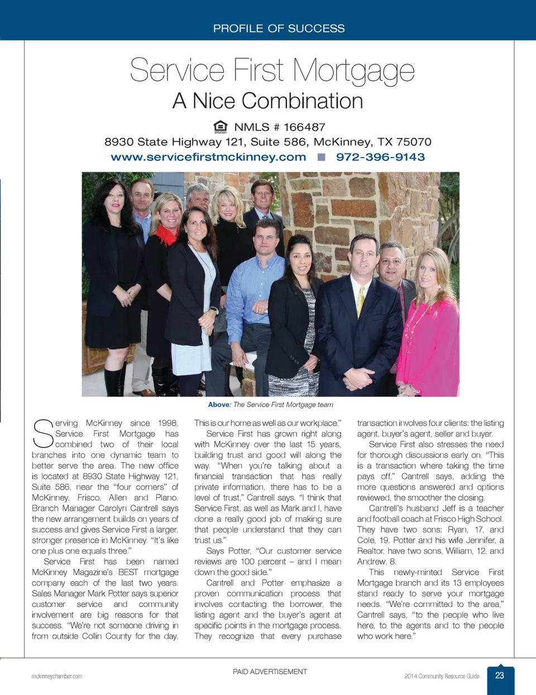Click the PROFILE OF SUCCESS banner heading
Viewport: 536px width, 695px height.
[x=279, y=28]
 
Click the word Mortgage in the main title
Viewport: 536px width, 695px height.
[x=353, y=71]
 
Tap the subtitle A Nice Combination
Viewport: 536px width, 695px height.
[x=267, y=101]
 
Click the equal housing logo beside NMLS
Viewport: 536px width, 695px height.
[x=221, y=127]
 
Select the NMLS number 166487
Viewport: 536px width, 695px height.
[x=304, y=127]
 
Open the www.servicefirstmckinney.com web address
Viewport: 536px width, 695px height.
[x=208, y=157]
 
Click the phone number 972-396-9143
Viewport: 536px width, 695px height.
[x=380, y=157]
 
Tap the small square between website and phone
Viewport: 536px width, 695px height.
[x=321, y=157]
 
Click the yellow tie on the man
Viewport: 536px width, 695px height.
[x=361, y=301]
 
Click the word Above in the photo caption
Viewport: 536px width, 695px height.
[x=219, y=405]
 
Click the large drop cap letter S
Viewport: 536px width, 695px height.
[x=42, y=434]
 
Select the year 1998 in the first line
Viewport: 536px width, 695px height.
[x=167, y=423]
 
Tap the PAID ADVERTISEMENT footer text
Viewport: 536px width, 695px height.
[x=270, y=672]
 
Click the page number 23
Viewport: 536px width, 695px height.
[x=500, y=675]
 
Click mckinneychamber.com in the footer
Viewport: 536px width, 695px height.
[x=56, y=677]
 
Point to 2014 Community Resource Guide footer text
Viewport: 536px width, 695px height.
[x=442, y=677]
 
